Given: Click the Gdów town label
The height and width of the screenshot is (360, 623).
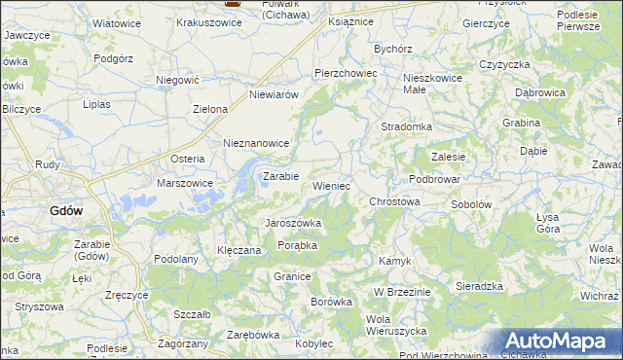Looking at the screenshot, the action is point(66,210).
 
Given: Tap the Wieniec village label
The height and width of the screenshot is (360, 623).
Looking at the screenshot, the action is point(331,185).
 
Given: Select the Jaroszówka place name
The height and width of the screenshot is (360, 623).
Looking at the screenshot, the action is point(294,223).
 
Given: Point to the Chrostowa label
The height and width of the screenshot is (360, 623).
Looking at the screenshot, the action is point(394,201).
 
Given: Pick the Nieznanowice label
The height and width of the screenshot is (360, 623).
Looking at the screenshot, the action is point(257,143).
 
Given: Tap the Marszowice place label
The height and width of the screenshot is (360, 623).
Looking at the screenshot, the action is point(185,182).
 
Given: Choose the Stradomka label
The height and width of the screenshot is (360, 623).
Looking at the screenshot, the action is point(407,126).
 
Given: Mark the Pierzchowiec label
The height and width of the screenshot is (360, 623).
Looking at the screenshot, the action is point(345,73).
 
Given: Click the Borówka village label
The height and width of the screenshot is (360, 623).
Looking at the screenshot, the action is point(331,302).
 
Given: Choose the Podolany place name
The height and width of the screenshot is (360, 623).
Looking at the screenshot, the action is point(176,258).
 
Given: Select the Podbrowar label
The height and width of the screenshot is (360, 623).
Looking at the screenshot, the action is point(434,179).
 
